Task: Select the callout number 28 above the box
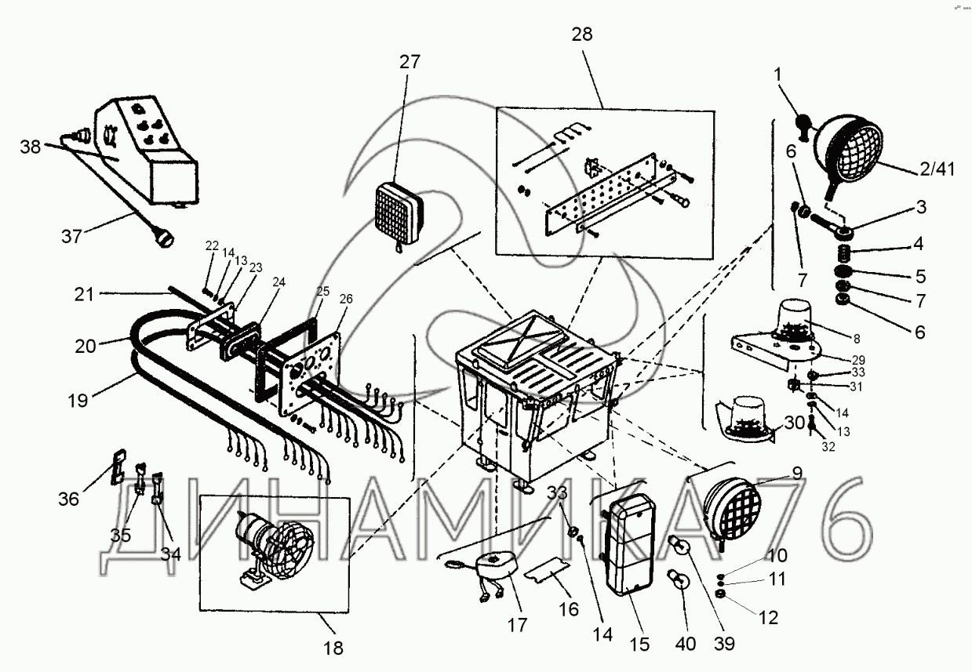click(x=583, y=34)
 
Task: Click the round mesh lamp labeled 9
click(x=731, y=506)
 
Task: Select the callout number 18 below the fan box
click(x=333, y=648)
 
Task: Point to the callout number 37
click(x=71, y=235)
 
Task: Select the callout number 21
click(x=86, y=295)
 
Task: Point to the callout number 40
click(x=686, y=645)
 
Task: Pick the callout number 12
click(x=768, y=618)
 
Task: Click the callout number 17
click(x=518, y=625)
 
